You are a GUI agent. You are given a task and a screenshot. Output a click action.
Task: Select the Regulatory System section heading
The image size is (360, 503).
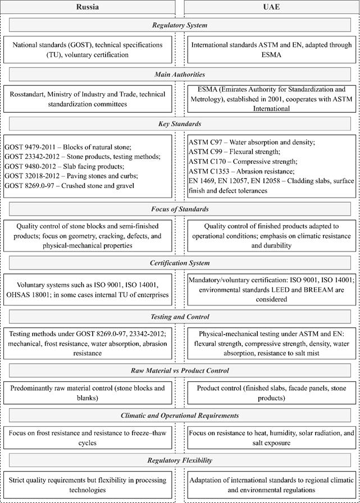(x=180, y=25)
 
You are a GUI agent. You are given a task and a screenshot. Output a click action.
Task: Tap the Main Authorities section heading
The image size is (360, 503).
(x=180, y=74)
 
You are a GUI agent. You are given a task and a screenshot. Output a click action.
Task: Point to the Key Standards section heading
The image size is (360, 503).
(x=180, y=123)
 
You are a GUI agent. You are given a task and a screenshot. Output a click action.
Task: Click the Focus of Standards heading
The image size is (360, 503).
(x=180, y=209)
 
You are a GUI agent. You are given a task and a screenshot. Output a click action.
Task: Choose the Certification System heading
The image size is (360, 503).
(x=180, y=263)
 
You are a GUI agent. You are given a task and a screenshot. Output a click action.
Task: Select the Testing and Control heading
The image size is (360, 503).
(x=180, y=317)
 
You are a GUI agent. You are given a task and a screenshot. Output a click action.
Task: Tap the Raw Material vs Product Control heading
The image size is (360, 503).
(x=180, y=371)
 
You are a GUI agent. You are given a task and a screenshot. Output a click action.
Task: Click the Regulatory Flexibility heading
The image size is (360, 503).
(x=180, y=460)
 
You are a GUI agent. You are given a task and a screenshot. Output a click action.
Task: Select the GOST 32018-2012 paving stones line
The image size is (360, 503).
(x=71, y=176)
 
